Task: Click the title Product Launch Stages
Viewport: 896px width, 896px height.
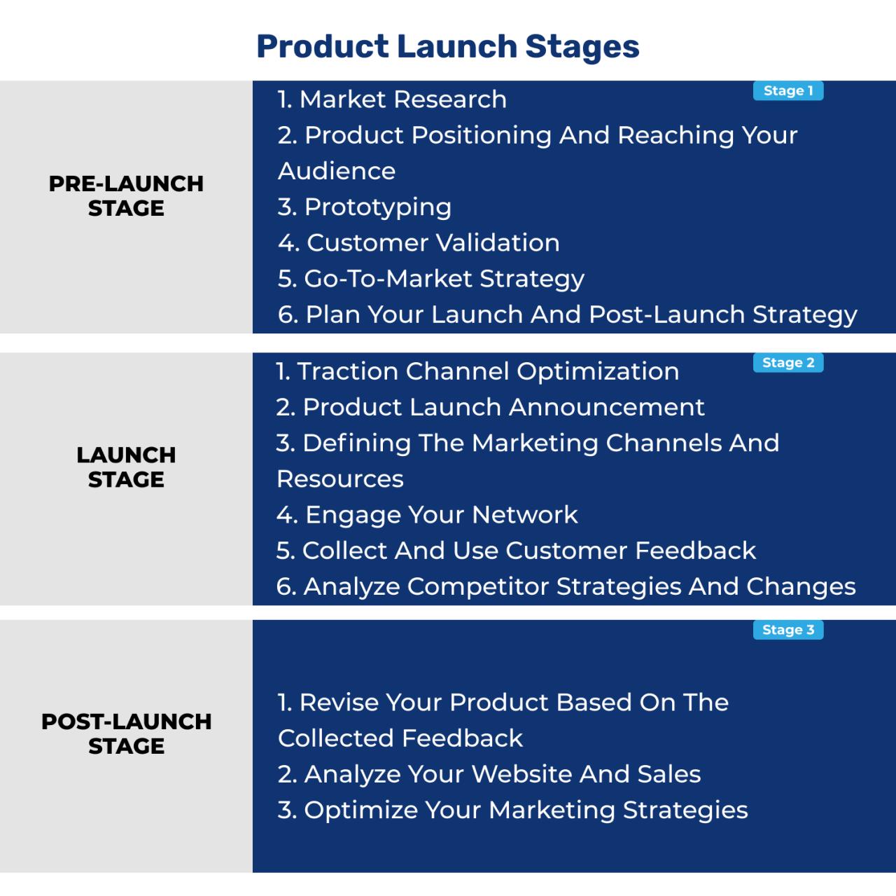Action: pos(447,46)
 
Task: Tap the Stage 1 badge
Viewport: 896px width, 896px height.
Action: pos(787,91)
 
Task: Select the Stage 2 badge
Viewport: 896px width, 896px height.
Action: pos(787,363)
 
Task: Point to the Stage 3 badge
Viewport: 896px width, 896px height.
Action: pos(787,630)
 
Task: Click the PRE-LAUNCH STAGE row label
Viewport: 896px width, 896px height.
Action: pos(126,195)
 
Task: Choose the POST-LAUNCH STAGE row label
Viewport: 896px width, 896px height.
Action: pos(126,733)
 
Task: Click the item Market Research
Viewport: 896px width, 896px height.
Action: pos(392,99)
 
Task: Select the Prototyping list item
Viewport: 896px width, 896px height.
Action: pos(364,207)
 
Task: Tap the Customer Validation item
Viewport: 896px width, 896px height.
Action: pos(419,242)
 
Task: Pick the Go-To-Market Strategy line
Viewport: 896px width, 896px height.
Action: pos(430,279)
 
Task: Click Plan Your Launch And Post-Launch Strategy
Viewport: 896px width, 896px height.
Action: pos(567,315)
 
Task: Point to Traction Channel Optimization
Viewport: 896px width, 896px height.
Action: pos(477,371)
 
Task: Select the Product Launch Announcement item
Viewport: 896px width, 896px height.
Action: pos(490,407)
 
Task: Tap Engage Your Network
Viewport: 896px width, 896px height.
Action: pos(427,515)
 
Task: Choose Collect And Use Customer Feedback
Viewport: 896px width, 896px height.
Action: pos(516,551)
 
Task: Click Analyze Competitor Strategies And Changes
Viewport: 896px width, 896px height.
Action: pos(566,586)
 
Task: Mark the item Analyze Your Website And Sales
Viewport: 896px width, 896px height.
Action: pos(489,774)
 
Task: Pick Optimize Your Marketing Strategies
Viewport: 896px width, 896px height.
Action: pos(512,810)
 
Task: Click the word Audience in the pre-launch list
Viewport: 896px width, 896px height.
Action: pos(337,171)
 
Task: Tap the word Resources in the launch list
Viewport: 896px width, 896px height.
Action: pos(340,479)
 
